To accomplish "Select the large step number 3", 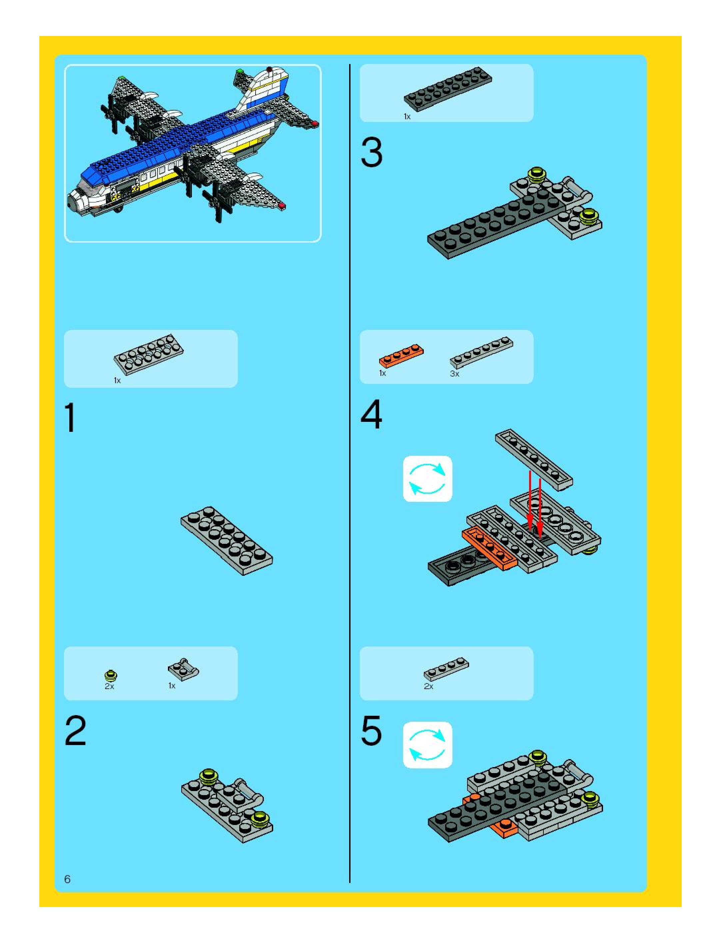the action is pos(371,153).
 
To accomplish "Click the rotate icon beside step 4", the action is pos(427,478).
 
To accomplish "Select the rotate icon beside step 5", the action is pos(427,745).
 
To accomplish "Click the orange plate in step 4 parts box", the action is pos(401,356).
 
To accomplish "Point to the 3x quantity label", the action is pos(454,374).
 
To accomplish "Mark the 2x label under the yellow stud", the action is pos(110,686).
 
